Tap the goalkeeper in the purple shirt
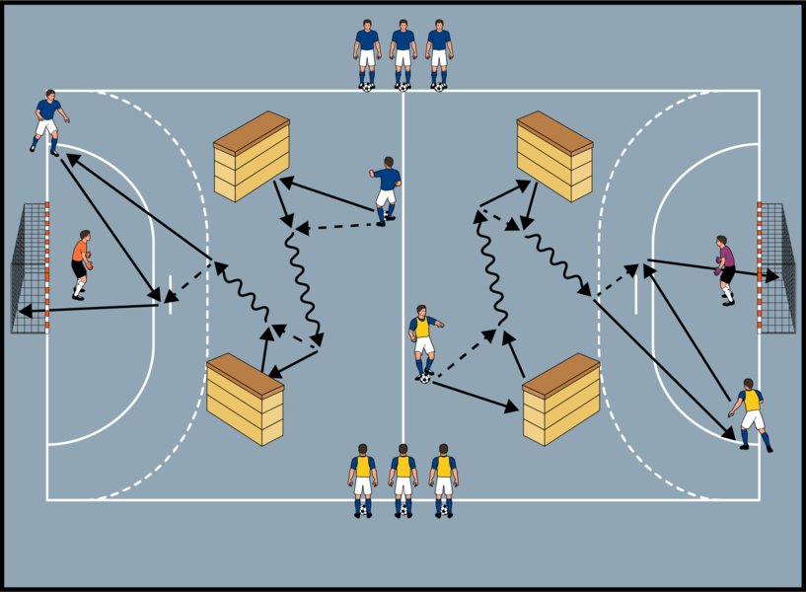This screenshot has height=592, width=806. tap(726, 269)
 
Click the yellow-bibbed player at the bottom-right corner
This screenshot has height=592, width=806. tap(752, 412)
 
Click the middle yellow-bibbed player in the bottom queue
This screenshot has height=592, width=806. tap(403, 479)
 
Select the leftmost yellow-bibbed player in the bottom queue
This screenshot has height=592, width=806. tap(363, 479)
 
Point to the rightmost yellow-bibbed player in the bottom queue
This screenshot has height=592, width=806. tap(444, 479)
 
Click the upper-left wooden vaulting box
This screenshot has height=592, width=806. tap(252, 156)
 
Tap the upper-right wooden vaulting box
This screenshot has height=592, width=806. tap(554, 156)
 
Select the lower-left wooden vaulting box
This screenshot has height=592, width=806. tap(245, 398)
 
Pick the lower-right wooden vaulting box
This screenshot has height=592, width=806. tap(561, 399)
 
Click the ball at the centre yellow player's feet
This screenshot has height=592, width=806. tap(425, 378)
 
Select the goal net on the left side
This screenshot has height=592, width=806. tap(28, 267)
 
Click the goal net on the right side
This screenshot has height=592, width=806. tap(776, 267)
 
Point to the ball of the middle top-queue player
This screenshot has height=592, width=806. tap(403, 87)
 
